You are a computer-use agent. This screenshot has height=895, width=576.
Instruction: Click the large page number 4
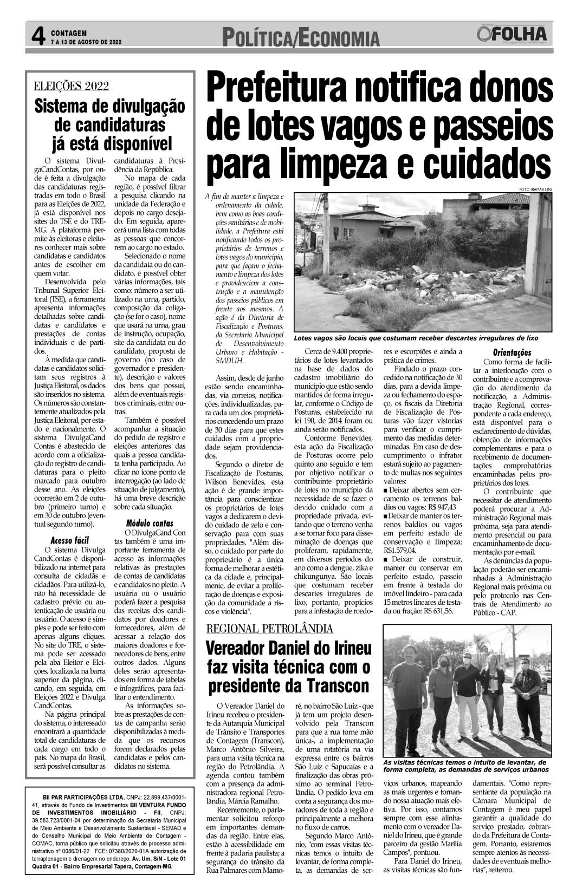[x=37, y=36]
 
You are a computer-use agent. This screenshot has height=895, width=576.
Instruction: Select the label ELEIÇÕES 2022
[x=72, y=86]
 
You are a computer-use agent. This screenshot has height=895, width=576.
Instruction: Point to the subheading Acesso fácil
[x=69, y=540]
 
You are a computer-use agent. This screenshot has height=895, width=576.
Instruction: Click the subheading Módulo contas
[x=149, y=523]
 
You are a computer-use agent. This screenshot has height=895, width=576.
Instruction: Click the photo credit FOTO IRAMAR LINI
[x=534, y=188]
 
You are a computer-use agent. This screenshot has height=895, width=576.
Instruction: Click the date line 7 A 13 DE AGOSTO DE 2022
[x=86, y=42]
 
